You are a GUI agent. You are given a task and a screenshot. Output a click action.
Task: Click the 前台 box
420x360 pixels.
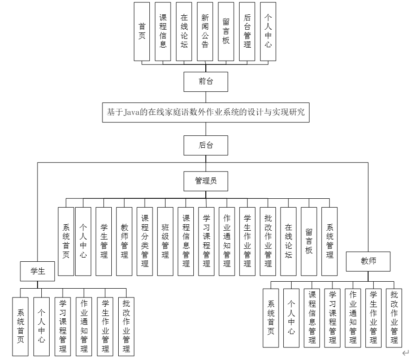206,82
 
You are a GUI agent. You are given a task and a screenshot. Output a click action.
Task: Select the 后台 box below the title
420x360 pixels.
206,145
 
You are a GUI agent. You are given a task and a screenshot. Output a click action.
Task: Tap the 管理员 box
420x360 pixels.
206,181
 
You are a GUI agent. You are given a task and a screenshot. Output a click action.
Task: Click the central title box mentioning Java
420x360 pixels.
206,112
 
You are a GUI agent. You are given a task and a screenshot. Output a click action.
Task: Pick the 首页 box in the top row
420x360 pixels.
142,32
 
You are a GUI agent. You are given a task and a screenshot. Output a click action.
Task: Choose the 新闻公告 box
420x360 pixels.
205,32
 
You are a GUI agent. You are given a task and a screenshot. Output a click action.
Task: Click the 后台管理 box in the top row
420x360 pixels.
247,32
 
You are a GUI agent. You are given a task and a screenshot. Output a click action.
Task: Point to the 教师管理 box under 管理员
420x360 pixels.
124,241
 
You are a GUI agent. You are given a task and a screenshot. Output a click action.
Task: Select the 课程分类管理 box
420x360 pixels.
145,241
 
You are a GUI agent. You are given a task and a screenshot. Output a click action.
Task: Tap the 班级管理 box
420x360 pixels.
165,241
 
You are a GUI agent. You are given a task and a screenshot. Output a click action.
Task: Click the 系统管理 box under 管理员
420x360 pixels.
330,241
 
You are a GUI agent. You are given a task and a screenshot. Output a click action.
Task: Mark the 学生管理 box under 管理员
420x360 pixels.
104,241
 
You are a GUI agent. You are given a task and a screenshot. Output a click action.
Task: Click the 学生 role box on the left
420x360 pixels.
38,271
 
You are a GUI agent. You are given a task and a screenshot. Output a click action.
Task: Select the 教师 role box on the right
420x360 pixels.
368,261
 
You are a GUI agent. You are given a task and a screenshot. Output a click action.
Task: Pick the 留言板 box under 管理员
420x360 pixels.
309,241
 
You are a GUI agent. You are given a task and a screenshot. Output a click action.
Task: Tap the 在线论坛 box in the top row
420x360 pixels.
184,32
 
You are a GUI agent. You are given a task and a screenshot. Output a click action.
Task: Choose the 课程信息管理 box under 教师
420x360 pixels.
312,318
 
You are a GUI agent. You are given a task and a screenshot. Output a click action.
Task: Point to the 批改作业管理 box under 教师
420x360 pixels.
394,318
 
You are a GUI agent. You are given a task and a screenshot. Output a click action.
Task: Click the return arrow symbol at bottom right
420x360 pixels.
406,354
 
